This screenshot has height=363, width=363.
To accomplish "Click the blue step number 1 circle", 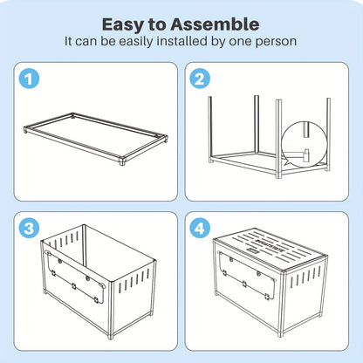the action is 29,79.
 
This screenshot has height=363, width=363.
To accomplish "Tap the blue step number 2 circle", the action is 200,79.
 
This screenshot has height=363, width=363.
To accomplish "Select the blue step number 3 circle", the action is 29,229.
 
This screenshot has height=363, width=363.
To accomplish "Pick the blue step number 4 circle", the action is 200,229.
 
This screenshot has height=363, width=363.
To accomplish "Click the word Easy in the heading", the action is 123,25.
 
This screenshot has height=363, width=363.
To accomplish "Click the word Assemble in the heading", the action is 215,24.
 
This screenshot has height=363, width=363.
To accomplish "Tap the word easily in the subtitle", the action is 136,42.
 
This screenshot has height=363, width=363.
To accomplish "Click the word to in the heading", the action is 157,24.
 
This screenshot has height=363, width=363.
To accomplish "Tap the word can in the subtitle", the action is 86,41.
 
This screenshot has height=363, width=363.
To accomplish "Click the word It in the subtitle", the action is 68,41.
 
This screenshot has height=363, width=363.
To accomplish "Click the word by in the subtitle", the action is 218,42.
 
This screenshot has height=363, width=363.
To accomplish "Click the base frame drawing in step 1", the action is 96,139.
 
